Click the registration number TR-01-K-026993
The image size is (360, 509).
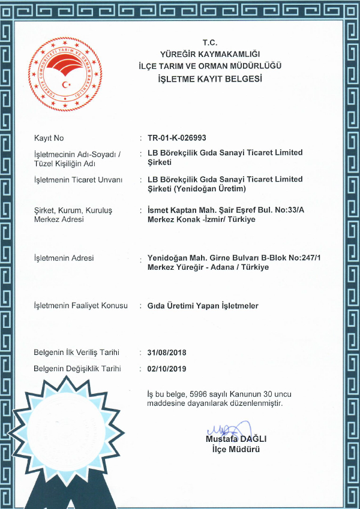(x=176, y=138)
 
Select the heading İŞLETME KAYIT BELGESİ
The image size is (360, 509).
(x=209, y=79)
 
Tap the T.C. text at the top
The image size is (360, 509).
(x=209, y=43)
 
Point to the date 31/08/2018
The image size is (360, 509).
(x=167, y=352)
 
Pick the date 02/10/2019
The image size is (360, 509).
(x=167, y=369)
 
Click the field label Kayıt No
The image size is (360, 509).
(x=49, y=138)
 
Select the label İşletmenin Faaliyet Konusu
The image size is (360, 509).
(x=81, y=306)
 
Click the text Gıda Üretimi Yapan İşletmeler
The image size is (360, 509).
(x=203, y=306)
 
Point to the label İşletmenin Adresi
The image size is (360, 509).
(x=64, y=258)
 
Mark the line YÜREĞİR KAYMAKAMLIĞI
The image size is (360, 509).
(x=209, y=55)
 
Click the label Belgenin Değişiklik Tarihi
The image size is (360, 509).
(x=78, y=369)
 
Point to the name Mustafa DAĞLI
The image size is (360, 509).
(x=236, y=439)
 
